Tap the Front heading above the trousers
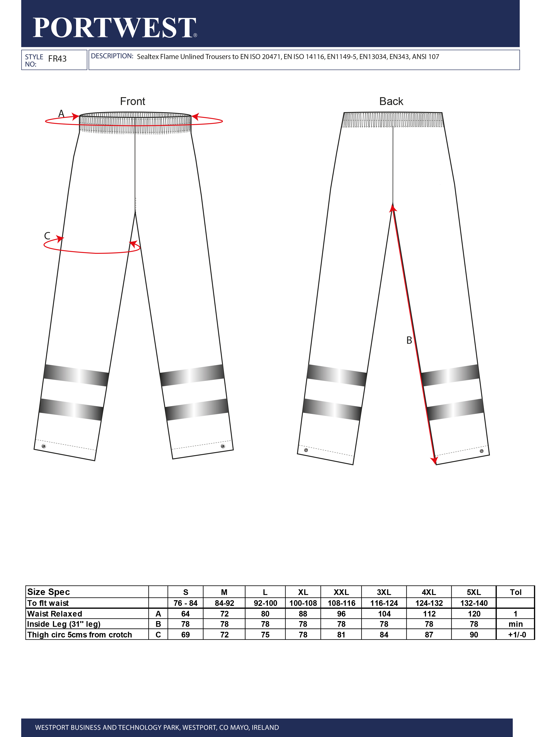(132, 101)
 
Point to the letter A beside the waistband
(61, 114)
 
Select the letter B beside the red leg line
(409, 340)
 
